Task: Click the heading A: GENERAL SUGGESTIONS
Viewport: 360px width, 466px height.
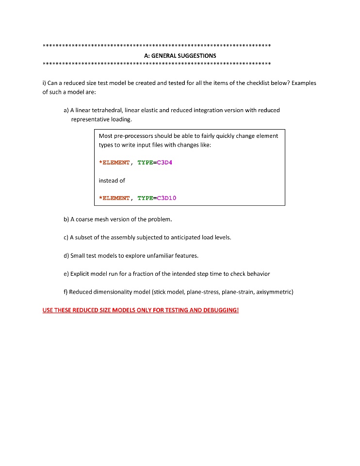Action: (180, 56)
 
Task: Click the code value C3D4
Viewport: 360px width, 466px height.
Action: (164, 163)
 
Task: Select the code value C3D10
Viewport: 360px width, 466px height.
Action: (166, 198)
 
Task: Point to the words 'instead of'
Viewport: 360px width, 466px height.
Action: (112, 181)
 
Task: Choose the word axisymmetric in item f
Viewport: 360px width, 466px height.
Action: (274, 292)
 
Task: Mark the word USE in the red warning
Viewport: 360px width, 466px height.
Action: (49, 310)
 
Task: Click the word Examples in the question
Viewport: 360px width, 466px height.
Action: (304, 83)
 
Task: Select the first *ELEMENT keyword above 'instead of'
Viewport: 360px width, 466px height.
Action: (114, 163)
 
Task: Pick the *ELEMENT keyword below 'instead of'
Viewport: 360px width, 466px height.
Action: (114, 198)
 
